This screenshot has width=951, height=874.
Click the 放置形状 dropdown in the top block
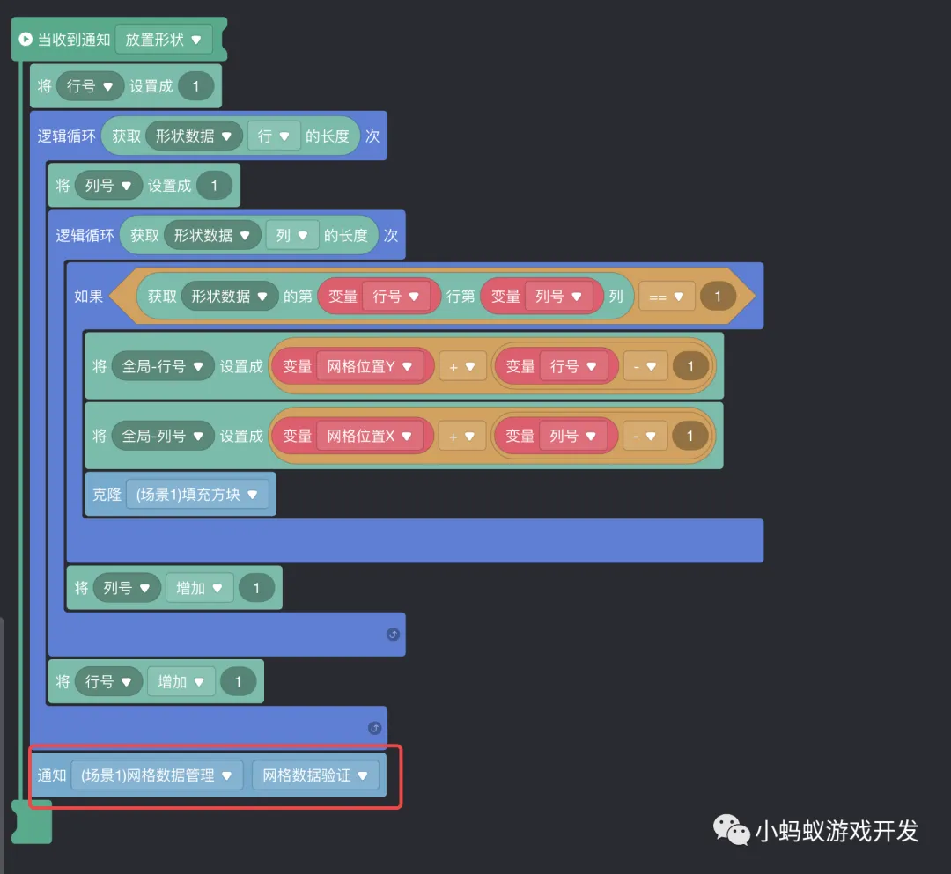pos(163,40)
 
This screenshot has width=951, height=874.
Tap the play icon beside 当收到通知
pos(26,40)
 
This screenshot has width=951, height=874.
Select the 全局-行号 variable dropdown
pos(163,366)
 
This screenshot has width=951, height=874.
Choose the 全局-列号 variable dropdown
pos(163,436)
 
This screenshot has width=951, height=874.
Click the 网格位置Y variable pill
pos(369,366)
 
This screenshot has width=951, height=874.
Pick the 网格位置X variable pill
pos(369,436)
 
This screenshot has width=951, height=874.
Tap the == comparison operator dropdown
pos(666,297)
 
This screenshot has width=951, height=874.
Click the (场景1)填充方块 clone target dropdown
pos(197,495)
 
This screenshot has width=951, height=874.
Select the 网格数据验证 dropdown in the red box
pos(314,775)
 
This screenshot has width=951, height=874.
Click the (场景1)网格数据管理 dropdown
pos(157,775)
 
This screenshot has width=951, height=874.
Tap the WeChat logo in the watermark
pos(731,829)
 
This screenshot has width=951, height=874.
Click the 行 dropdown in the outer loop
pos(274,136)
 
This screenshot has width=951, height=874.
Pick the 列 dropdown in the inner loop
pos(291,236)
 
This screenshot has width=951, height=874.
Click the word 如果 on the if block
pos(89,297)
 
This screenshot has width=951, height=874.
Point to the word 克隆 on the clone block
pos(107,495)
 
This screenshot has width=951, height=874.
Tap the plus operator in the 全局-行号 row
pos(462,367)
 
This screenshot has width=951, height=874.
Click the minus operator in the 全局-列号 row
pos(645,437)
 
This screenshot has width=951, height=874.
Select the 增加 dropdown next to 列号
pos(199,588)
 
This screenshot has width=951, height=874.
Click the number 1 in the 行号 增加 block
pos(238,682)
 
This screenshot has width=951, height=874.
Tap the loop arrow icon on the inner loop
pos(393,634)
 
